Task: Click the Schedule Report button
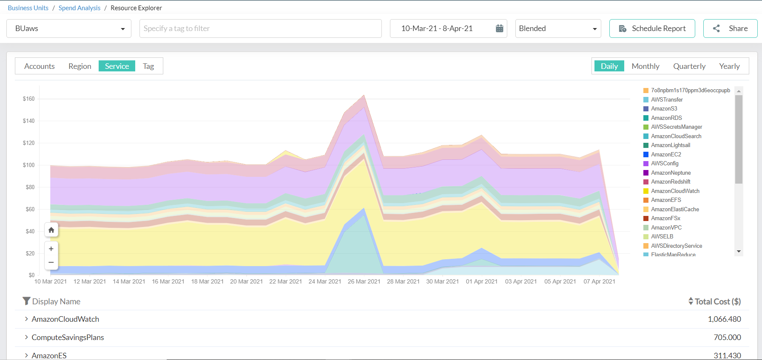[x=652, y=28]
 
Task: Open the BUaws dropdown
[x=69, y=28]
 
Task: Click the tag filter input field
[x=260, y=28]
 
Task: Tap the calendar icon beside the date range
[x=500, y=28]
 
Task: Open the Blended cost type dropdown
[x=558, y=28]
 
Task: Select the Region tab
[x=80, y=66]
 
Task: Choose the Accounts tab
[x=40, y=66]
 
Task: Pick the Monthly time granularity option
[x=645, y=66]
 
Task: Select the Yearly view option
[x=729, y=66]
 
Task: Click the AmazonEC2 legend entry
[x=666, y=154]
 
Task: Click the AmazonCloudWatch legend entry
[x=675, y=191]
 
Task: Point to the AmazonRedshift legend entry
[x=671, y=182]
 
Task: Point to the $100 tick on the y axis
[x=29, y=165]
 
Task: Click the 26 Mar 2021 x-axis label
[x=364, y=281]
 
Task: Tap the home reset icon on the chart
[x=51, y=230]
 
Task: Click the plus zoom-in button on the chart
[x=51, y=249]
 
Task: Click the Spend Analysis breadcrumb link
[x=80, y=8]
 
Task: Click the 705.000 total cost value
[x=727, y=337]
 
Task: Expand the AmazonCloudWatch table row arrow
[x=26, y=319]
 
